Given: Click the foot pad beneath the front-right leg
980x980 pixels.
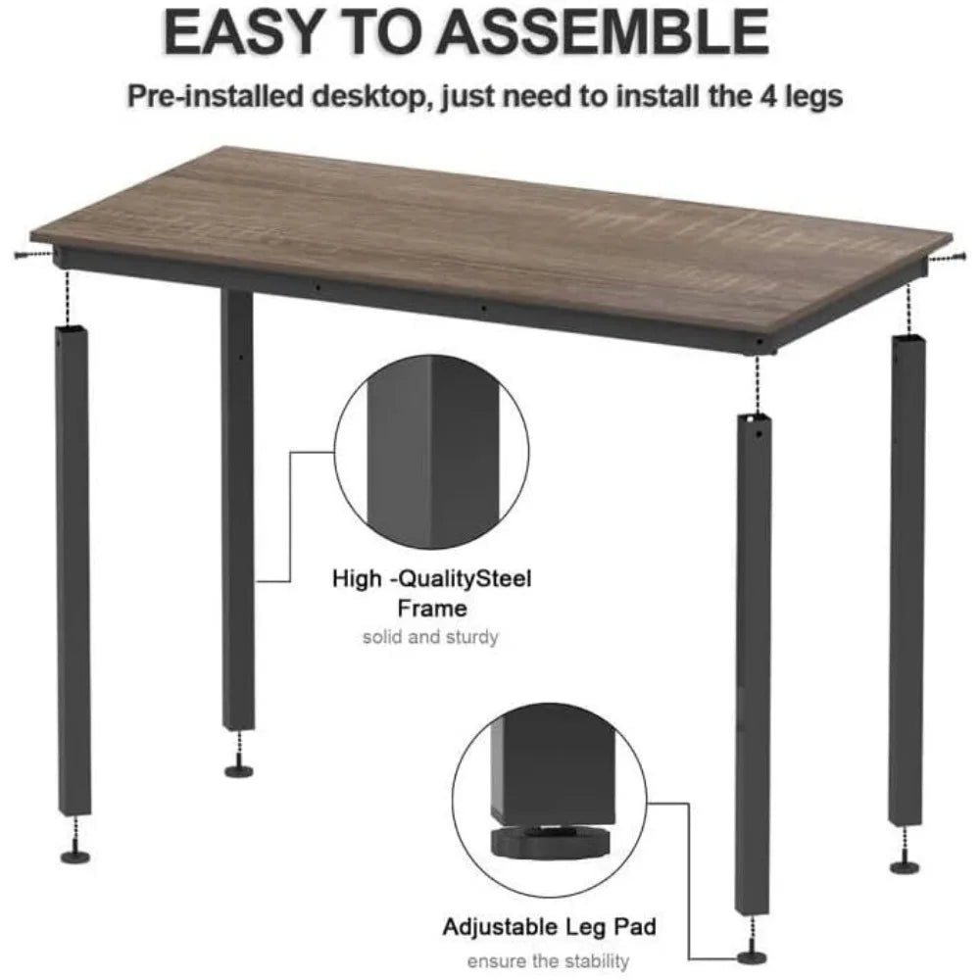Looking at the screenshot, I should tap(754, 955).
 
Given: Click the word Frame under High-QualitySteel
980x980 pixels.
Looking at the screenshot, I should tap(431, 609).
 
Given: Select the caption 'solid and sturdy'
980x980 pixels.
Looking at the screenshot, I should tap(431, 638).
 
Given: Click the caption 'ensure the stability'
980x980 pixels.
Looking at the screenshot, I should tap(548, 960).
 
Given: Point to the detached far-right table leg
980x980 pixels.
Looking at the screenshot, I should tap(906, 578).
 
